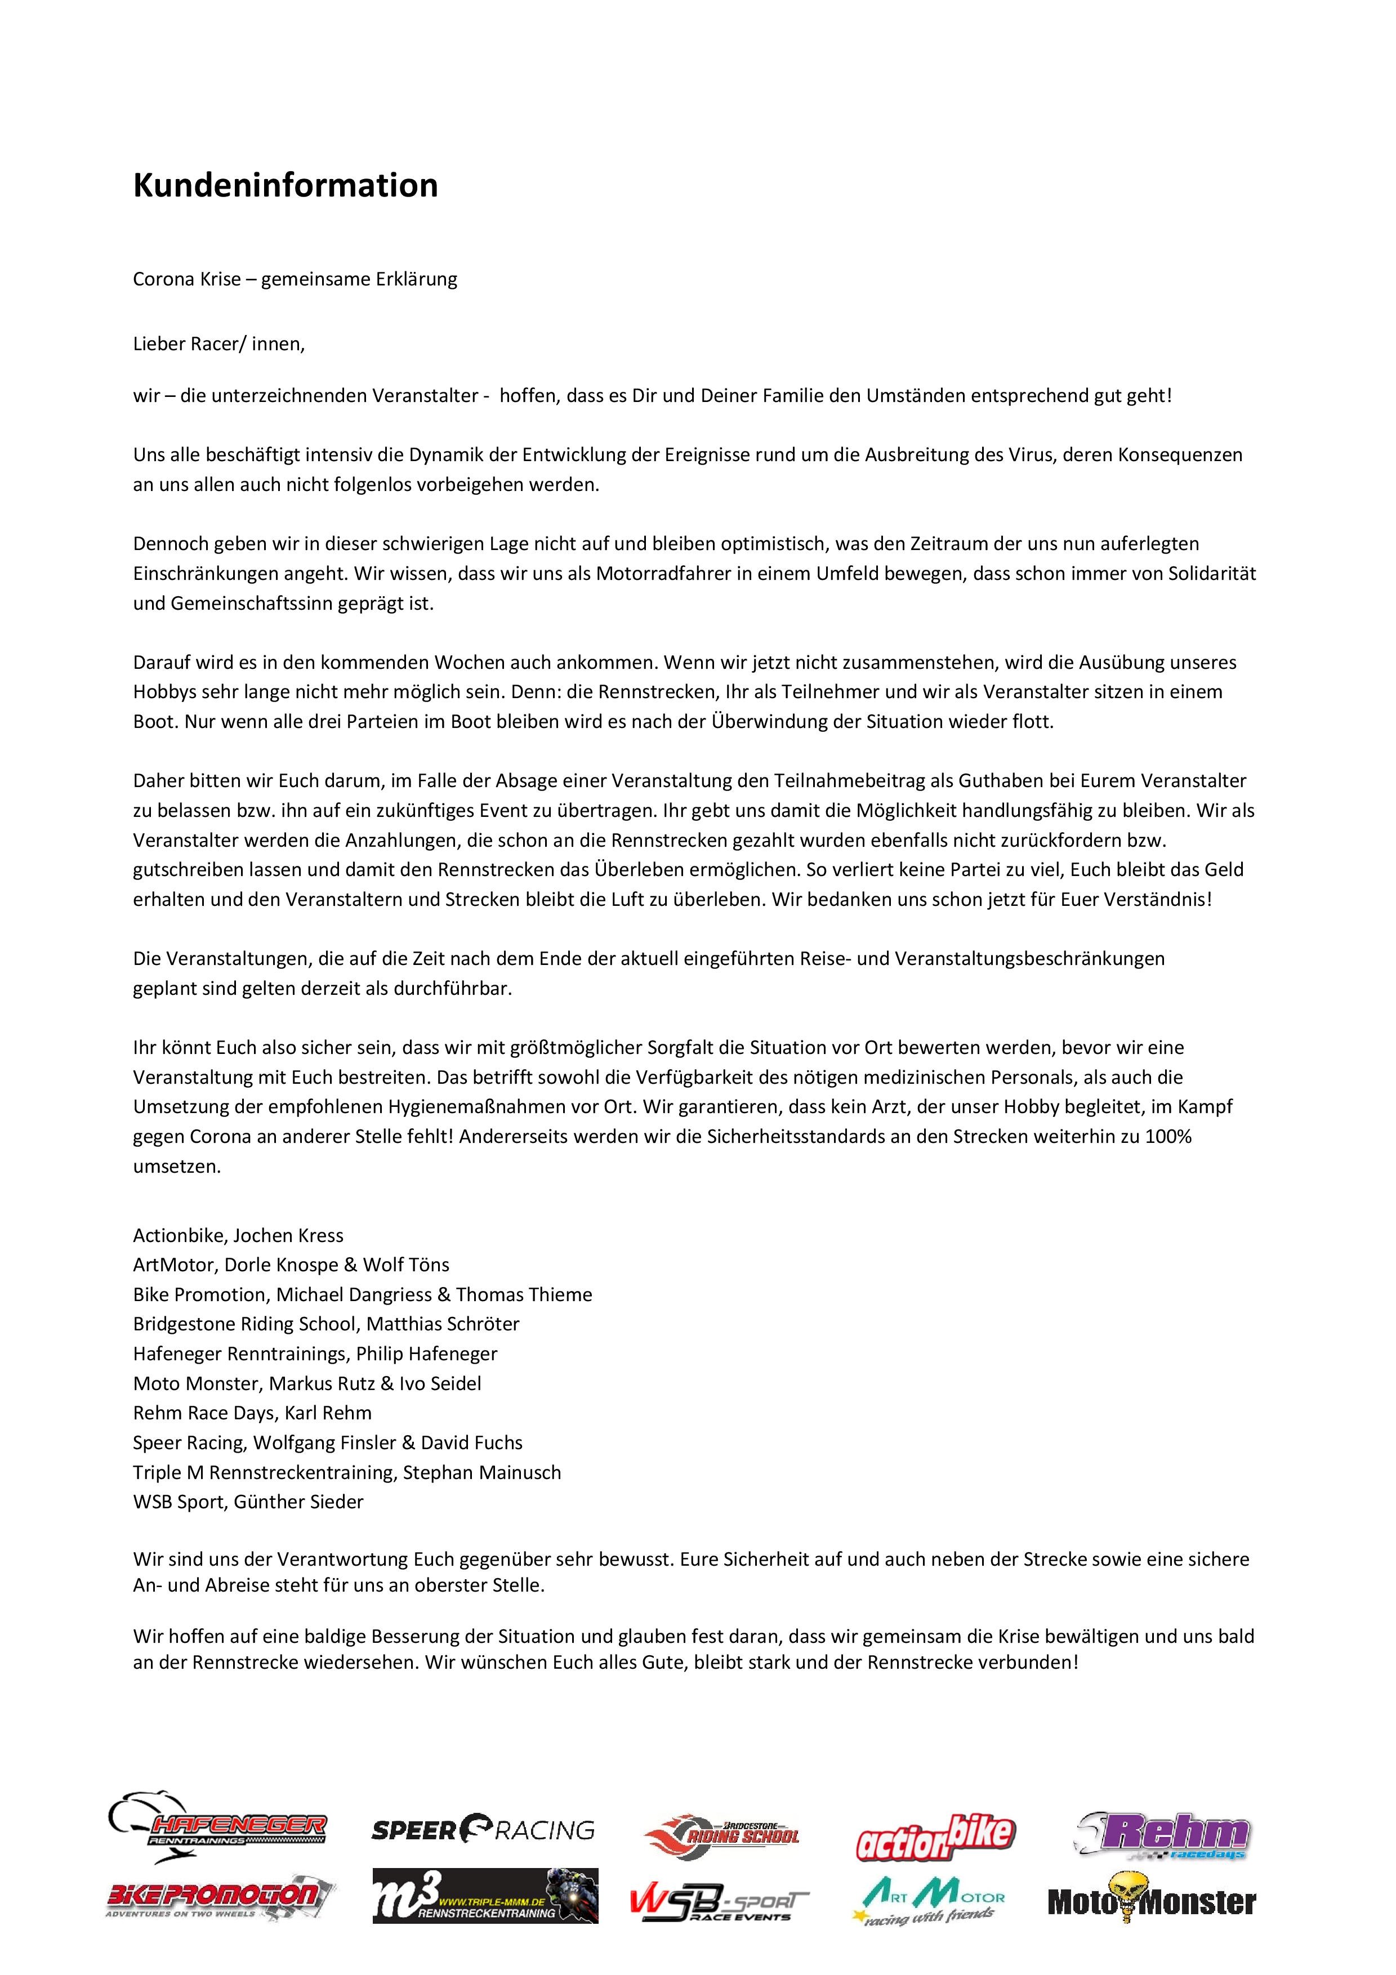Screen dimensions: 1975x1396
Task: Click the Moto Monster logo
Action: (1151, 1901)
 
